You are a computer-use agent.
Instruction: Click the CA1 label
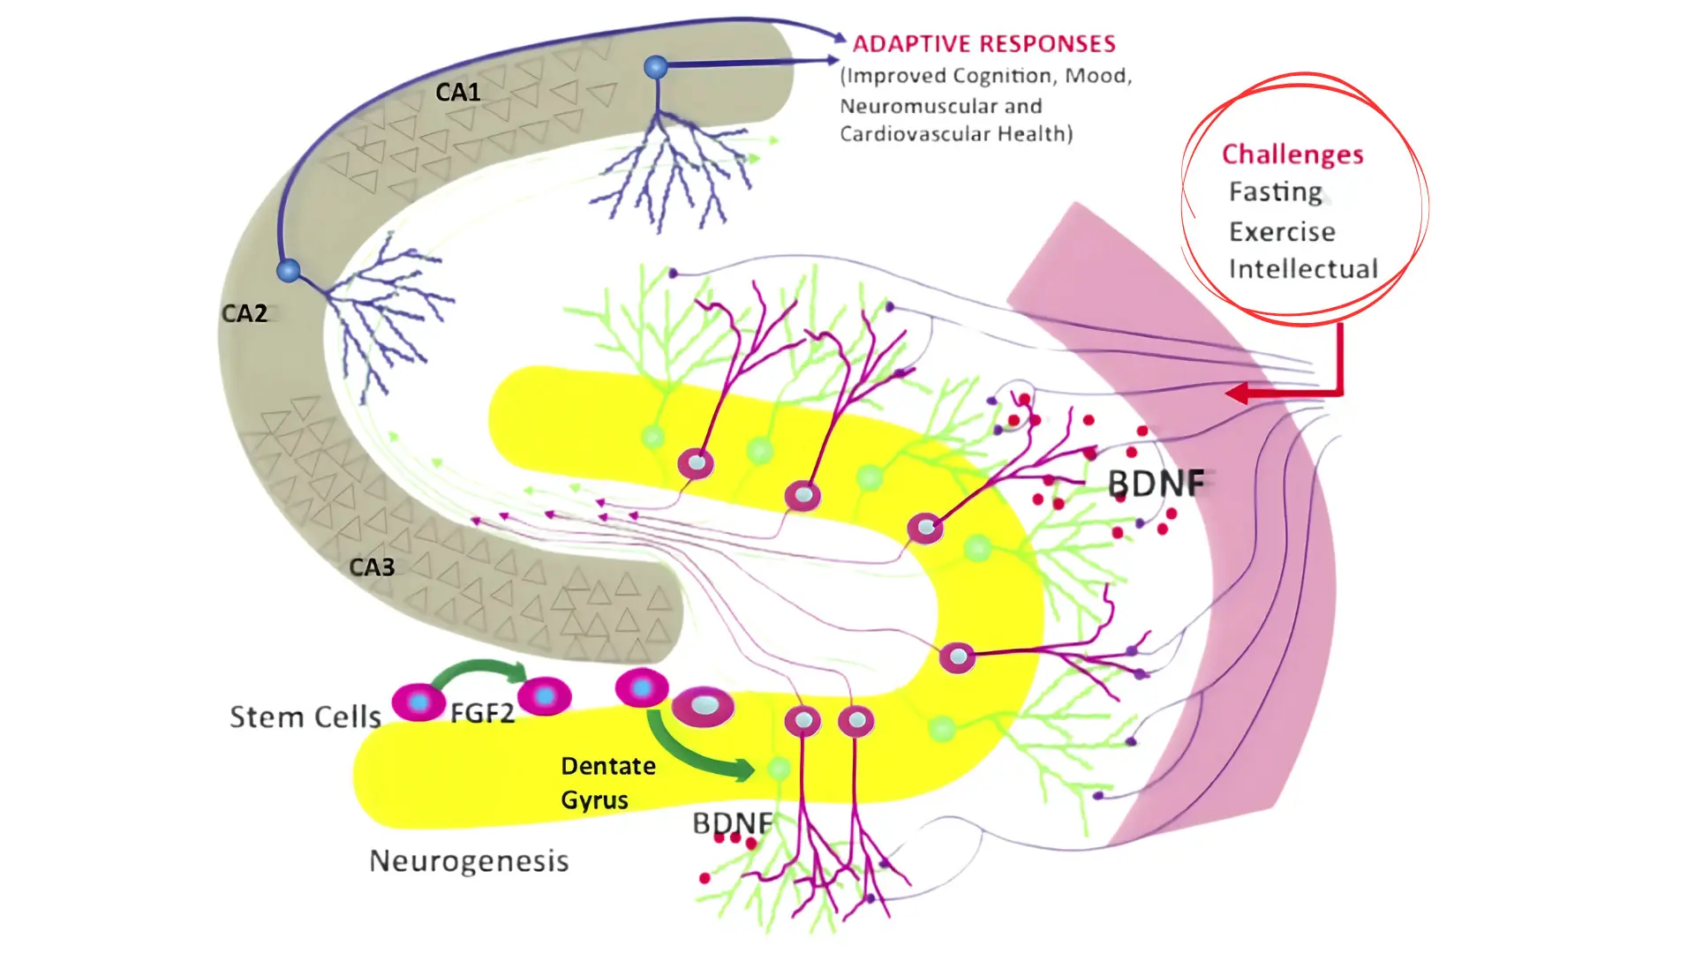(x=457, y=92)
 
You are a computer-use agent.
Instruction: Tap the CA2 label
(x=244, y=313)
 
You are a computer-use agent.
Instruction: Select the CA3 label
(x=372, y=567)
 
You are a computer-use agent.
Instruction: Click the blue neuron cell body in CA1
(x=656, y=67)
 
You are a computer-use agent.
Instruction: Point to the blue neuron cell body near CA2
(x=289, y=270)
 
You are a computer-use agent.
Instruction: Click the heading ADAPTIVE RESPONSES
(x=983, y=44)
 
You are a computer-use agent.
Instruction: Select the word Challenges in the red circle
(x=1292, y=154)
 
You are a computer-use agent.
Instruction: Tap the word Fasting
(x=1276, y=192)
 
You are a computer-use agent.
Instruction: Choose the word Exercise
(x=1282, y=232)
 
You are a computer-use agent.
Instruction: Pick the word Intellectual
(x=1303, y=269)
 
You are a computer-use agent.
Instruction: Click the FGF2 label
(x=482, y=713)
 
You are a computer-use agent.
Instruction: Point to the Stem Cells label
(x=305, y=717)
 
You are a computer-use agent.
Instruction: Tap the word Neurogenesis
(x=469, y=860)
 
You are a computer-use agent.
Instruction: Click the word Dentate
(x=608, y=766)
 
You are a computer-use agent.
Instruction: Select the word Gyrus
(x=594, y=800)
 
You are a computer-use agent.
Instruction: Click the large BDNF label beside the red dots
(x=1156, y=484)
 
